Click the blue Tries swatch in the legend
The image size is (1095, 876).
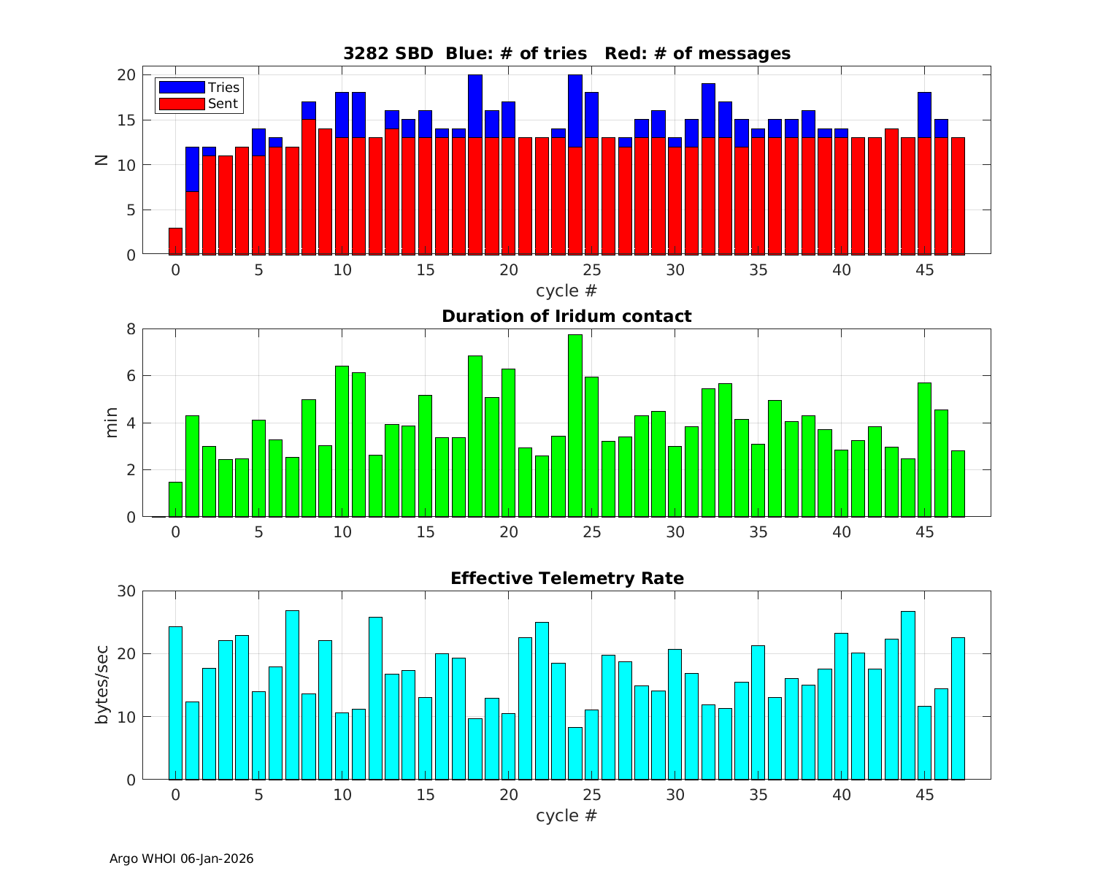181,88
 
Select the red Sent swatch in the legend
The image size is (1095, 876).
181,104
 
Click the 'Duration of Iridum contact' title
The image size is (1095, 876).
566,316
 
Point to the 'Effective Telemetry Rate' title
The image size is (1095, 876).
566,578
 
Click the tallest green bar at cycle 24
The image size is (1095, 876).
575,426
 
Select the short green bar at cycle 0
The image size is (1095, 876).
175,499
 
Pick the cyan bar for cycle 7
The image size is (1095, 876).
292,695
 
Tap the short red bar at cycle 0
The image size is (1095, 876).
175,241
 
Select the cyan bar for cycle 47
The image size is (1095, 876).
958,708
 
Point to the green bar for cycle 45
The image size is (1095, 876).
924,450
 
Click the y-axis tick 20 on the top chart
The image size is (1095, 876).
126,75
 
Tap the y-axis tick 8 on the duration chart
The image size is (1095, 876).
131,329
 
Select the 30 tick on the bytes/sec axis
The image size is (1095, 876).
126,591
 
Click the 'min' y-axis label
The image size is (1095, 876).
111,423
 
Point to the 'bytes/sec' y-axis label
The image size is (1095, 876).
102,685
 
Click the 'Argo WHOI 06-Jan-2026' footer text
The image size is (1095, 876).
181,858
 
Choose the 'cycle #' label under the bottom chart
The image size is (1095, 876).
566,815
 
